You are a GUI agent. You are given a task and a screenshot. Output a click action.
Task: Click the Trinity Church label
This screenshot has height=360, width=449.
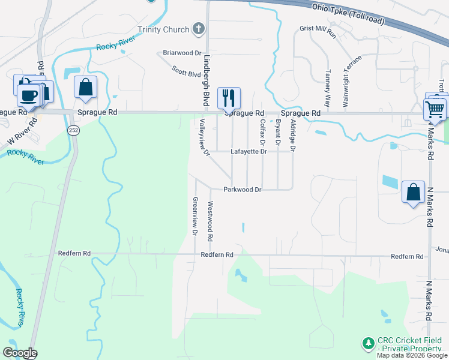click(163, 29)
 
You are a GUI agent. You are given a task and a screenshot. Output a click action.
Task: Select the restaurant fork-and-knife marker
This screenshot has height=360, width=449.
click(229, 98)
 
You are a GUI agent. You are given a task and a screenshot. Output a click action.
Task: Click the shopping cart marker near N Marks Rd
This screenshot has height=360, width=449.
click(435, 109)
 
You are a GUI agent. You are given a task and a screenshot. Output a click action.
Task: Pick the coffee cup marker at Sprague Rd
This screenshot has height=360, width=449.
click(28, 95)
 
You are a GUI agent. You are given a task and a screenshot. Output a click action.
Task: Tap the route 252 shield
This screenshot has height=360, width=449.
click(73, 131)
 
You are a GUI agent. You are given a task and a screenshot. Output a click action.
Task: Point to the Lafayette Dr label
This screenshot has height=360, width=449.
click(248, 152)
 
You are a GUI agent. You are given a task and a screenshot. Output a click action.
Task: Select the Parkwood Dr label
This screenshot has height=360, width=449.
click(243, 190)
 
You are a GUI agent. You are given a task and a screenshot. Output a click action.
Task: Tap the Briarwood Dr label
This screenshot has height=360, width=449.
click(182, 53)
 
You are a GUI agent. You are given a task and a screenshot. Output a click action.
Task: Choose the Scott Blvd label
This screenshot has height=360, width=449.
click(186, 72)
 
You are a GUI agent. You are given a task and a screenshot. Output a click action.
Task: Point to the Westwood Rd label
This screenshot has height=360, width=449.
click(211, 221)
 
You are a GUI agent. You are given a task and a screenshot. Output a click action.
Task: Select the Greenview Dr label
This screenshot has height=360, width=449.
click(195, 216)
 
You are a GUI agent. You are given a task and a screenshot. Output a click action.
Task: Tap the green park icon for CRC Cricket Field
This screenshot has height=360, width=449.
click(367, 344)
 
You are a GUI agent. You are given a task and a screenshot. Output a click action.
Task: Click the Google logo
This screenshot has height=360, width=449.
click(19, 353)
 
